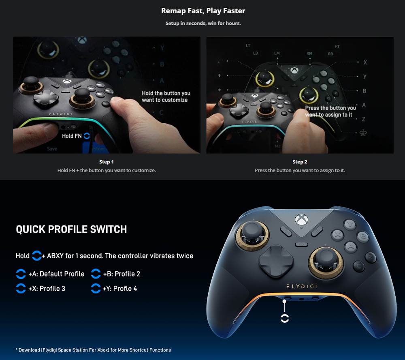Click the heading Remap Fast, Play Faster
[x=203, y=11]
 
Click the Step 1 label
[x=107, y=162]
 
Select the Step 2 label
[x=300, y=162]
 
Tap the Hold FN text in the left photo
[x=72, y=136]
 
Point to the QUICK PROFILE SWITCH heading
[x=71, y=229]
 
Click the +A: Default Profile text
[x=56, y=274]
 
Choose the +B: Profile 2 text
[x=122, y=274]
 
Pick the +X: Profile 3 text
[x=47, y=289]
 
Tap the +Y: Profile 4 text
[x=120, y=289]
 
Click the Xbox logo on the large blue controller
[x=301, y=220]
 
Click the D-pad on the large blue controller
[x=276, y=261]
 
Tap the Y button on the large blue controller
[x=350, y=224]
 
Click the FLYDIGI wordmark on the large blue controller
[x=301, y=286]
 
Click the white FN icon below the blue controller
[x=285, y=318]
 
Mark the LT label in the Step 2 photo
[x=248, y=45]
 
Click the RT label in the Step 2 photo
[x=337, y=47]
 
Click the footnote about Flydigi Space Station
[x=93, y=350]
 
